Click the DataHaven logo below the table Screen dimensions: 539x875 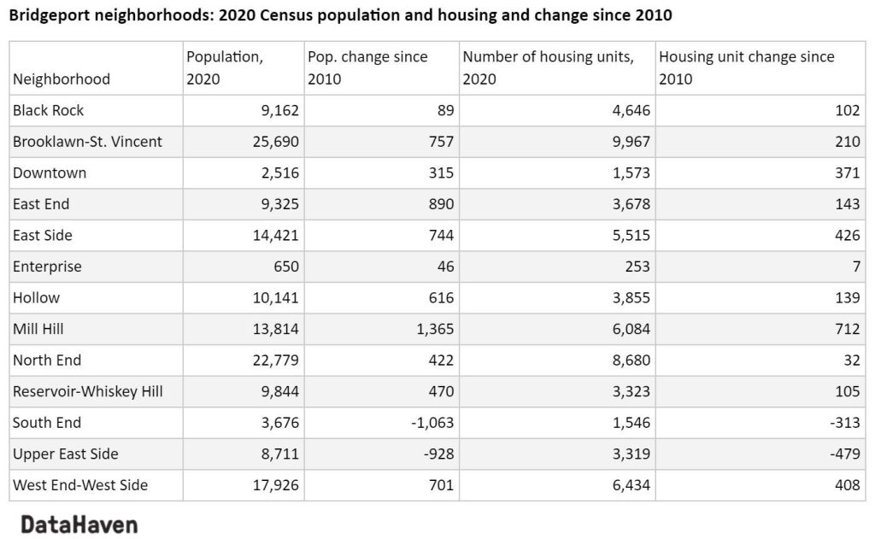coord(79,524)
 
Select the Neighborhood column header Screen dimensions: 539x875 coord(62,79)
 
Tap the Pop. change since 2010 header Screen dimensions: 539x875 coord(367,67)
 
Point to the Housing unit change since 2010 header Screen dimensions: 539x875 coord(746,67)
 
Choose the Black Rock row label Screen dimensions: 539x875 coord(49,110)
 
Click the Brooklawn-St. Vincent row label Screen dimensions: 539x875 coord(87,142)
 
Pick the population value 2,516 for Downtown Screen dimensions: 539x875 coord(274,173)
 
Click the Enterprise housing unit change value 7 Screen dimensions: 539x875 coord(854,267)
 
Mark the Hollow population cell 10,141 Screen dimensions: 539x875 coord(271,297)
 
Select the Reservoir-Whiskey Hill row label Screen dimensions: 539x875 coord(88,391)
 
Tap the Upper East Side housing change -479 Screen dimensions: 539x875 coord(845,454)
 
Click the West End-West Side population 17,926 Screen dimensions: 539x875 coord(271,484)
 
